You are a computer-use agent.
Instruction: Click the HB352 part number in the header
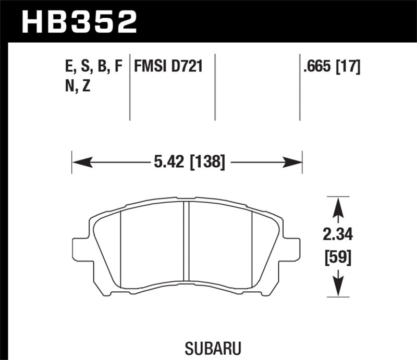point(80,21)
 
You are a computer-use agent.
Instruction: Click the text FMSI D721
point(168,67)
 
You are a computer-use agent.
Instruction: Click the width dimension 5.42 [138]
point(190,163)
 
